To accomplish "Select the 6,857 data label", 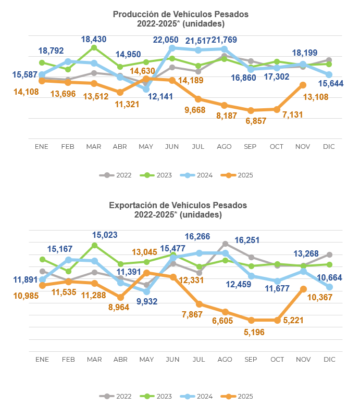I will coord(251,121).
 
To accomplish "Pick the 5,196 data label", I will coord(255,332).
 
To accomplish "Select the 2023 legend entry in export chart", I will coord(158,397).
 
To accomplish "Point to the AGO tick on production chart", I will coord(225,147).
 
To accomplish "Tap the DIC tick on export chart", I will coord(329,360).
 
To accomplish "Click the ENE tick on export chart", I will coord(42,360).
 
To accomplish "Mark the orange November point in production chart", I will coord(303,85).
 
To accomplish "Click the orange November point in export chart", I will coord(303,289).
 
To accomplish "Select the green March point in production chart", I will coord(94,47).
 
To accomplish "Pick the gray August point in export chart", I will coord(225,244).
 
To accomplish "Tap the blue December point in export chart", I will coord(329,287).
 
